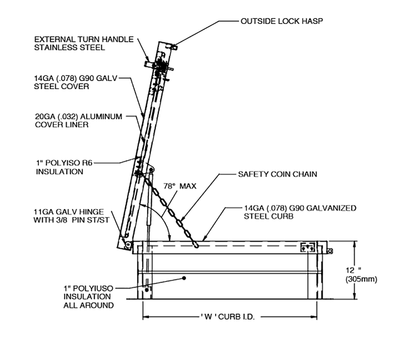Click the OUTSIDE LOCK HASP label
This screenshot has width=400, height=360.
tap(281, 21)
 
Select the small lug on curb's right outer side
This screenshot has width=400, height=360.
tap(330, 251)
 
